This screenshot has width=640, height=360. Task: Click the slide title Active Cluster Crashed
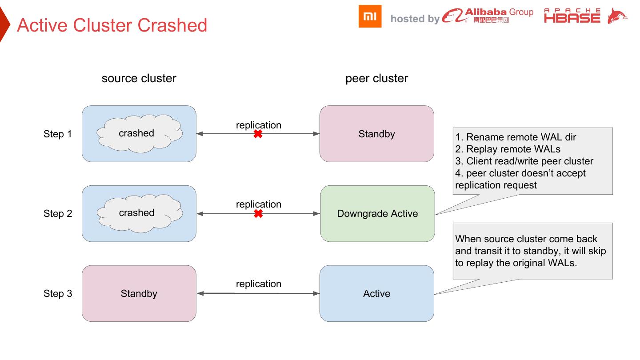coord(112,25)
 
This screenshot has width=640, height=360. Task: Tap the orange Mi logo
coord(370,16)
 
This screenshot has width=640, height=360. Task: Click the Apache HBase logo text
coord(572,16)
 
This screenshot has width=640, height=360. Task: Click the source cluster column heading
coord(139,79)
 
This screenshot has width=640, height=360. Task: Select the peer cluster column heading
coord(376,79)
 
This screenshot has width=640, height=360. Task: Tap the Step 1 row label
coord(57,134)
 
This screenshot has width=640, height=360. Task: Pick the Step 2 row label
coord(57,214)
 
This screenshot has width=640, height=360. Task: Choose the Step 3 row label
coord(57,294)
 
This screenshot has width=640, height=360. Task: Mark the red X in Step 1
coord(258,134)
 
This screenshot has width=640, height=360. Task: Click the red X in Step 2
coord(258,214)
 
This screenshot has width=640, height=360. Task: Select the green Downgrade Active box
coord(377,214)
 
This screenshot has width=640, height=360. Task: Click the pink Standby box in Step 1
coord(376,134)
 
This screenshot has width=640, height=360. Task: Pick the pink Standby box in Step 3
coord(139,294)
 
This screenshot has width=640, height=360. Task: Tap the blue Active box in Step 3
coord(376,294)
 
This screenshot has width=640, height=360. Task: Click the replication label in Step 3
coord(258,284)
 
